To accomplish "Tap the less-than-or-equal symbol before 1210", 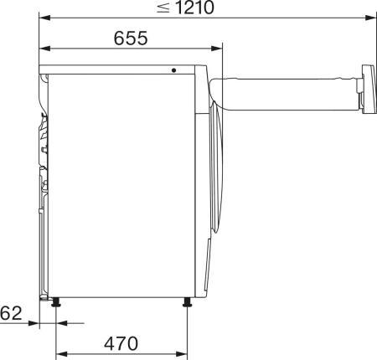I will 164,9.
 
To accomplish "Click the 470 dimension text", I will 120,343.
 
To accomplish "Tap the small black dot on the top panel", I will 175,70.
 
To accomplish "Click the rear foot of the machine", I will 56,301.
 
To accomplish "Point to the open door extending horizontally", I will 285,90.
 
